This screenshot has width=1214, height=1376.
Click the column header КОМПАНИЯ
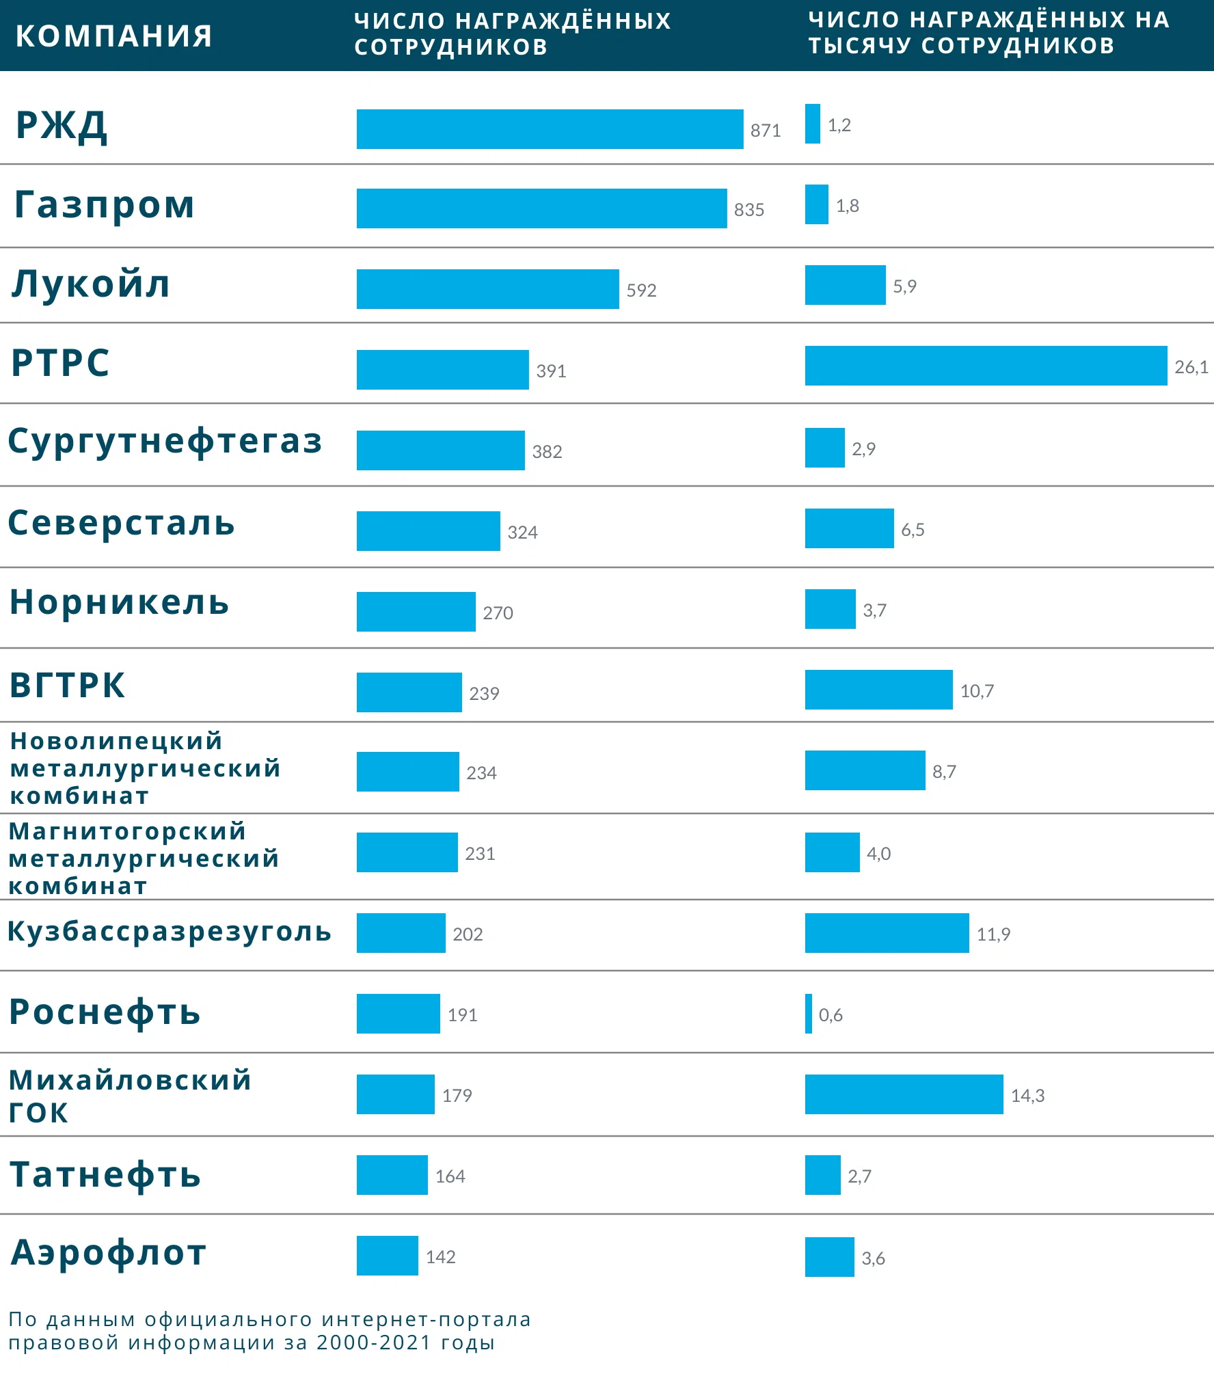[x=113, y=36]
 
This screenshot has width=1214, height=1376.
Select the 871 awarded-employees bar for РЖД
[x=550, y=129]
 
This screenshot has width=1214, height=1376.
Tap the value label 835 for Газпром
[x=748, y=210]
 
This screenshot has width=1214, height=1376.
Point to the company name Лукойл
[x=91, y=284]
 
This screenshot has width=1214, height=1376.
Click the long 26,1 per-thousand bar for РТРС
[x=986, y=366]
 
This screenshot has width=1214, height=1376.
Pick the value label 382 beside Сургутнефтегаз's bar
[x=547, y=452]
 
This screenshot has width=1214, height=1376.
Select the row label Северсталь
[x=121, y=524]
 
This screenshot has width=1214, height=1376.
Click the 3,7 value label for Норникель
[x=874, y=610]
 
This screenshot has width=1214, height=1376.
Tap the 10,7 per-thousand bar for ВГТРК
[x=878, y=690]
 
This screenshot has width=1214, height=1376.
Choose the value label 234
[x=481, y=773]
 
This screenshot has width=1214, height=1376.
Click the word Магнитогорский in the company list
[x=127, y=831]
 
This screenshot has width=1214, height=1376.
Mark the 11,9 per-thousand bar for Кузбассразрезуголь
[x=887, y=933]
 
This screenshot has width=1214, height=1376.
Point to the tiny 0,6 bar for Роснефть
[x=809, y=1014]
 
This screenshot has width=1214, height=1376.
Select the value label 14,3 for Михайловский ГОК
[x=1027, y=1096]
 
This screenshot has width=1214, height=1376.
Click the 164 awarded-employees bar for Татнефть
[x=392, y=1175]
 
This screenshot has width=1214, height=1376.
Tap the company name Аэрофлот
[x=109, y=1253]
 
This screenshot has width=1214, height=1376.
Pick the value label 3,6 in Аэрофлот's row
[x=873, y=1258]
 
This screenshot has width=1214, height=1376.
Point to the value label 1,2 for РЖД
[x=839, y=125]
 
